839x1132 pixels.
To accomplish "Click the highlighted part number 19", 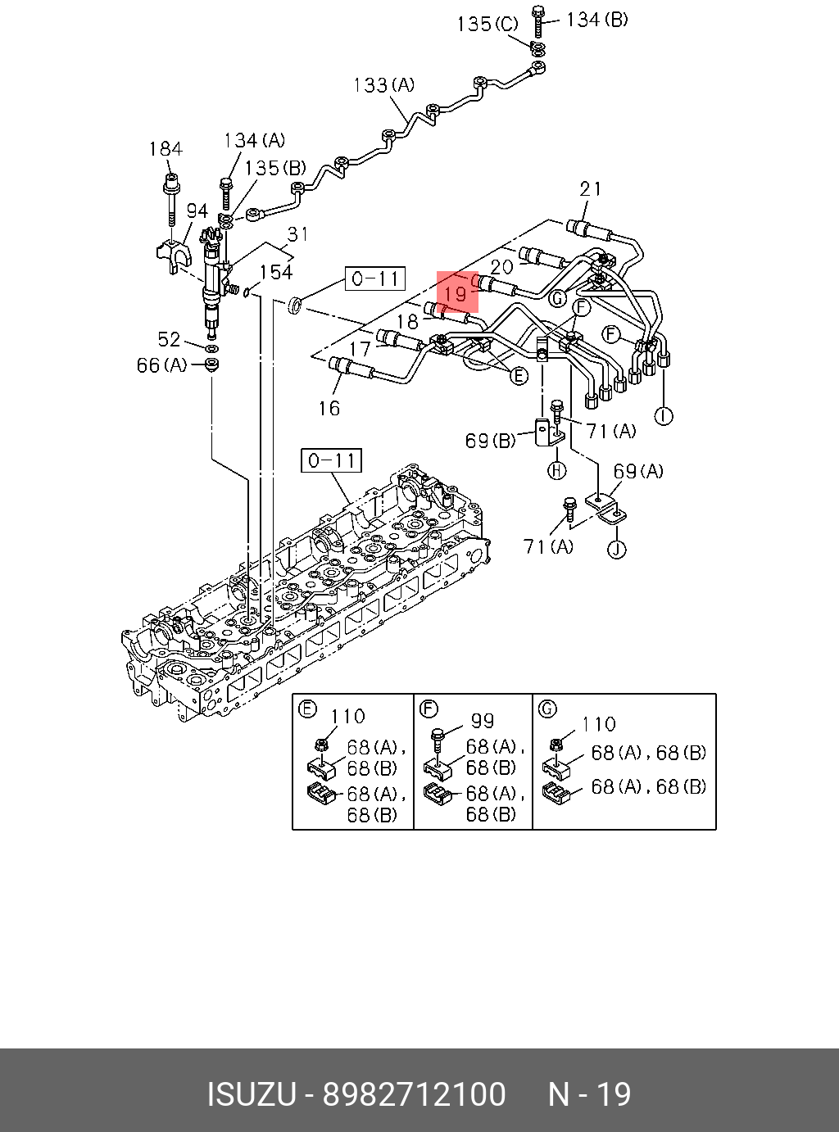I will click(456, 292).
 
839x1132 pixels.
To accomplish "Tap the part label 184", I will click(166, 149).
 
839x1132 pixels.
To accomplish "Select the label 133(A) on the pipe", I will click(383, 84).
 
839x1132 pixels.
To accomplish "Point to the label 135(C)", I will click(488, 24).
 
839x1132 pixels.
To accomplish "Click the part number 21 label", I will click(591, 189).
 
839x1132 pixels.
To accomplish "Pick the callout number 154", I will click(276, 272).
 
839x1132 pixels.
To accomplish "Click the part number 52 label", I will click(169, 339).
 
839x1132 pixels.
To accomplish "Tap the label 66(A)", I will click(161, 365).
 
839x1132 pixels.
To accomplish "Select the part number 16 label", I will click(329, 407).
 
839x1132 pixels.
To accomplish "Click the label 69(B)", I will click(491, 441).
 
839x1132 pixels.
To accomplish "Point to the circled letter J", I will click(616, 548).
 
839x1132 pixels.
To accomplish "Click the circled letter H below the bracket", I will click(556, 470).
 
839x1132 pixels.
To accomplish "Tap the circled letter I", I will click(664, 416).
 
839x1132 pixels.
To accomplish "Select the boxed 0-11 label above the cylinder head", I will click(331, 461).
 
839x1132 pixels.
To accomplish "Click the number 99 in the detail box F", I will click(483, 720).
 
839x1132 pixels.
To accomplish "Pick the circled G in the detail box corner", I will click(548, 709).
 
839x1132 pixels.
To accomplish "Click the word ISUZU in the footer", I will click(250, 1094).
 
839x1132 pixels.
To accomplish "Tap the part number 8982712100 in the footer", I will click(414, 1094).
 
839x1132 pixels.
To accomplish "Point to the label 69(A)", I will click(638, 471).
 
